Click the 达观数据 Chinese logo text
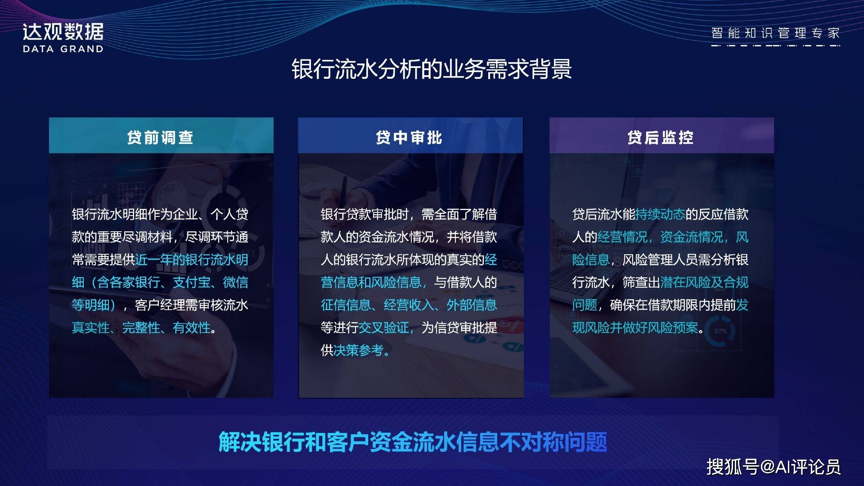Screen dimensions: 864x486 pyautogui.click(x=63, y=32)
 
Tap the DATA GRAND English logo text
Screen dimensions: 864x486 pyautogui.click(x=63, y=49)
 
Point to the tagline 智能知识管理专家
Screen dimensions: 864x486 pyautogui.click(x=775, y=33)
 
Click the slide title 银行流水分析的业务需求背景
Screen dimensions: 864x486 pyautogui.click(x=432, y=69)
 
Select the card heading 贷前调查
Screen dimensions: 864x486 pyautogui.click(x=160, y=137)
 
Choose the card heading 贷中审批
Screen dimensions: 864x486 pyautogui.click(x=409, y=137)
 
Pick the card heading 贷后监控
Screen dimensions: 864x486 pyautogui.click(x=661, y=137)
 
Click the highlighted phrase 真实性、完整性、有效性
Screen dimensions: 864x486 pyautogui.click(x=141, y=328)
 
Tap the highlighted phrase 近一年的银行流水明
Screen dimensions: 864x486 pyautogui.click(x=192, y=260)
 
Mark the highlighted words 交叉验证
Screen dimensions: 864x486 pyautogui.click(x=384, y=328)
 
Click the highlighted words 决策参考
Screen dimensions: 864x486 pyautogui.click(x=359, y=350)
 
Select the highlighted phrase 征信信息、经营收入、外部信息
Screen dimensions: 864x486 pyautogui.click(x=409, y=305)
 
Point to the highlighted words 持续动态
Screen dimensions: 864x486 pyautogui.click(x=660, y=214)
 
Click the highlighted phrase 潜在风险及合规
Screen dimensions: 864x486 pyautogui.click(x=705, y=282)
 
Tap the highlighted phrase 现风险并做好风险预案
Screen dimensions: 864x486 pyautogui.click(x=635, y=328)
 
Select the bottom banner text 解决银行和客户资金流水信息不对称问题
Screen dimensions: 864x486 pyautogui.click(x=413, y=442)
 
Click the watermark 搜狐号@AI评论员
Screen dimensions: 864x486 pyautogui.click(x=773, y=467)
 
